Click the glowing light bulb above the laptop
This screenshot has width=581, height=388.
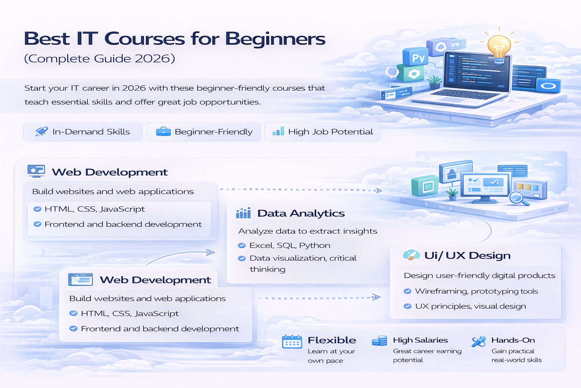499,47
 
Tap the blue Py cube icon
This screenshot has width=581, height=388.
418,58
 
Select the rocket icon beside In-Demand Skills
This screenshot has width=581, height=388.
42,131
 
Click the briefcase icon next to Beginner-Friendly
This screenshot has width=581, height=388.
163,131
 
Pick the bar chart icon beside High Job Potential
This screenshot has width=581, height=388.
278,131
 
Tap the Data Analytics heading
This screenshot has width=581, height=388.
301,213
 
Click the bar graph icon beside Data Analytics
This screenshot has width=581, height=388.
243,213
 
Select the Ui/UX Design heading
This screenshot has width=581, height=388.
467,255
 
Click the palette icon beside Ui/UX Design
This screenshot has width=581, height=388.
411,255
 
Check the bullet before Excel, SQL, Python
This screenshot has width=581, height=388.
242,246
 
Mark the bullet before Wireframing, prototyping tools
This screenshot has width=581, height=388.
407,291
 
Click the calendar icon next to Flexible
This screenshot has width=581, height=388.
292,342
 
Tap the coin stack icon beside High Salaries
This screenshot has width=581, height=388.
379,341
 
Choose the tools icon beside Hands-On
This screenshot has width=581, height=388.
478,341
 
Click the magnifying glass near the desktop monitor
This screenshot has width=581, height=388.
517,197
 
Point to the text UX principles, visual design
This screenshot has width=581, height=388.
471,306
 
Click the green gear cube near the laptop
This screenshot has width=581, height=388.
413,74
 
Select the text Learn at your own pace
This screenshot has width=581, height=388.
331,356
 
